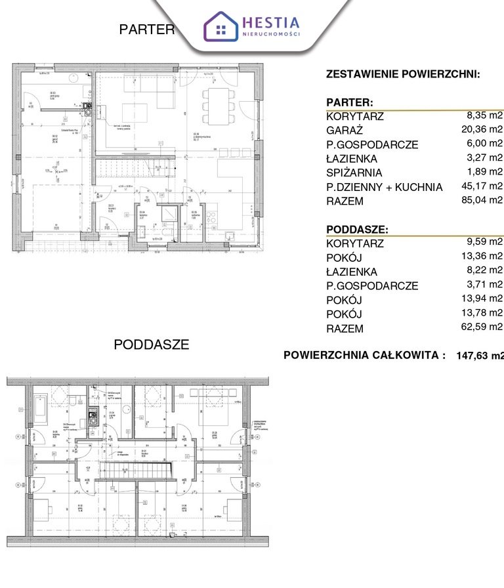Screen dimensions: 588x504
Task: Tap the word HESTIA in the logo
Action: tap(271, 22)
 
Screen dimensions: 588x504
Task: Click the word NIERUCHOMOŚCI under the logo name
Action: tap(271, 34)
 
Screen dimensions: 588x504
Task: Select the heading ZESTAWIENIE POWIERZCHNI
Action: tap(403, 74)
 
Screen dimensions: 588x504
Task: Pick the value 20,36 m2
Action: tap(482, 129)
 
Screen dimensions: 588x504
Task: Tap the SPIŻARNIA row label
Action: tap(354, 173)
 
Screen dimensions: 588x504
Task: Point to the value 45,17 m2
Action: tap(482, 186)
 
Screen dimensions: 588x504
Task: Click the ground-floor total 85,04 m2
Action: tap(482, 201)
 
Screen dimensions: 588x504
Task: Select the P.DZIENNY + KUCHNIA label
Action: tap(384, 187)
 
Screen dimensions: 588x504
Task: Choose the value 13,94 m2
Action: tap(482, 299)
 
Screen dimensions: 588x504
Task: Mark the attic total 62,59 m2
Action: tap(482, 327)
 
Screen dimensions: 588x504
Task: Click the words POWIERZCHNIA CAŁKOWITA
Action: tap(364, 355)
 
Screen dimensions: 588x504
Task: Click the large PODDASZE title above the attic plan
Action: tap(152, 345)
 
